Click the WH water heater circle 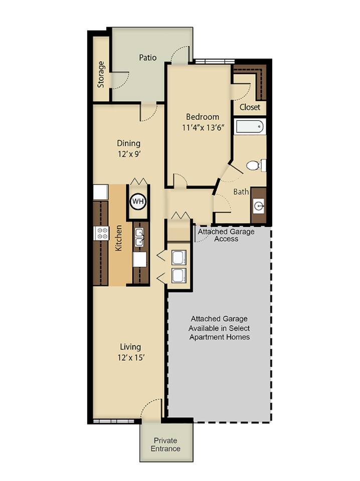pyautogui.click(x=137, y=201)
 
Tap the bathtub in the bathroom pyautogui.click(x=250, y=126)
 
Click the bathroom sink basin pyautogui.click(x=259, y=205)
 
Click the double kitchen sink pyautogui.click(x=139, y=237)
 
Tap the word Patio pyautogui.click(x=147, y=58)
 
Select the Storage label pyautogui.click(x=101, y=74)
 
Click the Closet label pyautogui.click(x=250, y=107)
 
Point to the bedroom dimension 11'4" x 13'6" pyautogui.click(x=203, y=127)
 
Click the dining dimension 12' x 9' pyautogui.click(x=128, y=154)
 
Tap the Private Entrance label pyautogui.click(x=165, y=444)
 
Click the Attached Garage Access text pyautogui.click(x=226, y=235)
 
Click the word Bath pyautogui.click(x=241, y=191)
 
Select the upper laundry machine pyautogui.click(x=178, y=257)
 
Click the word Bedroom pyautogui.click(x=203, y=117)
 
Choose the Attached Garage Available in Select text pyautogui.click(x=219, y=328)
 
